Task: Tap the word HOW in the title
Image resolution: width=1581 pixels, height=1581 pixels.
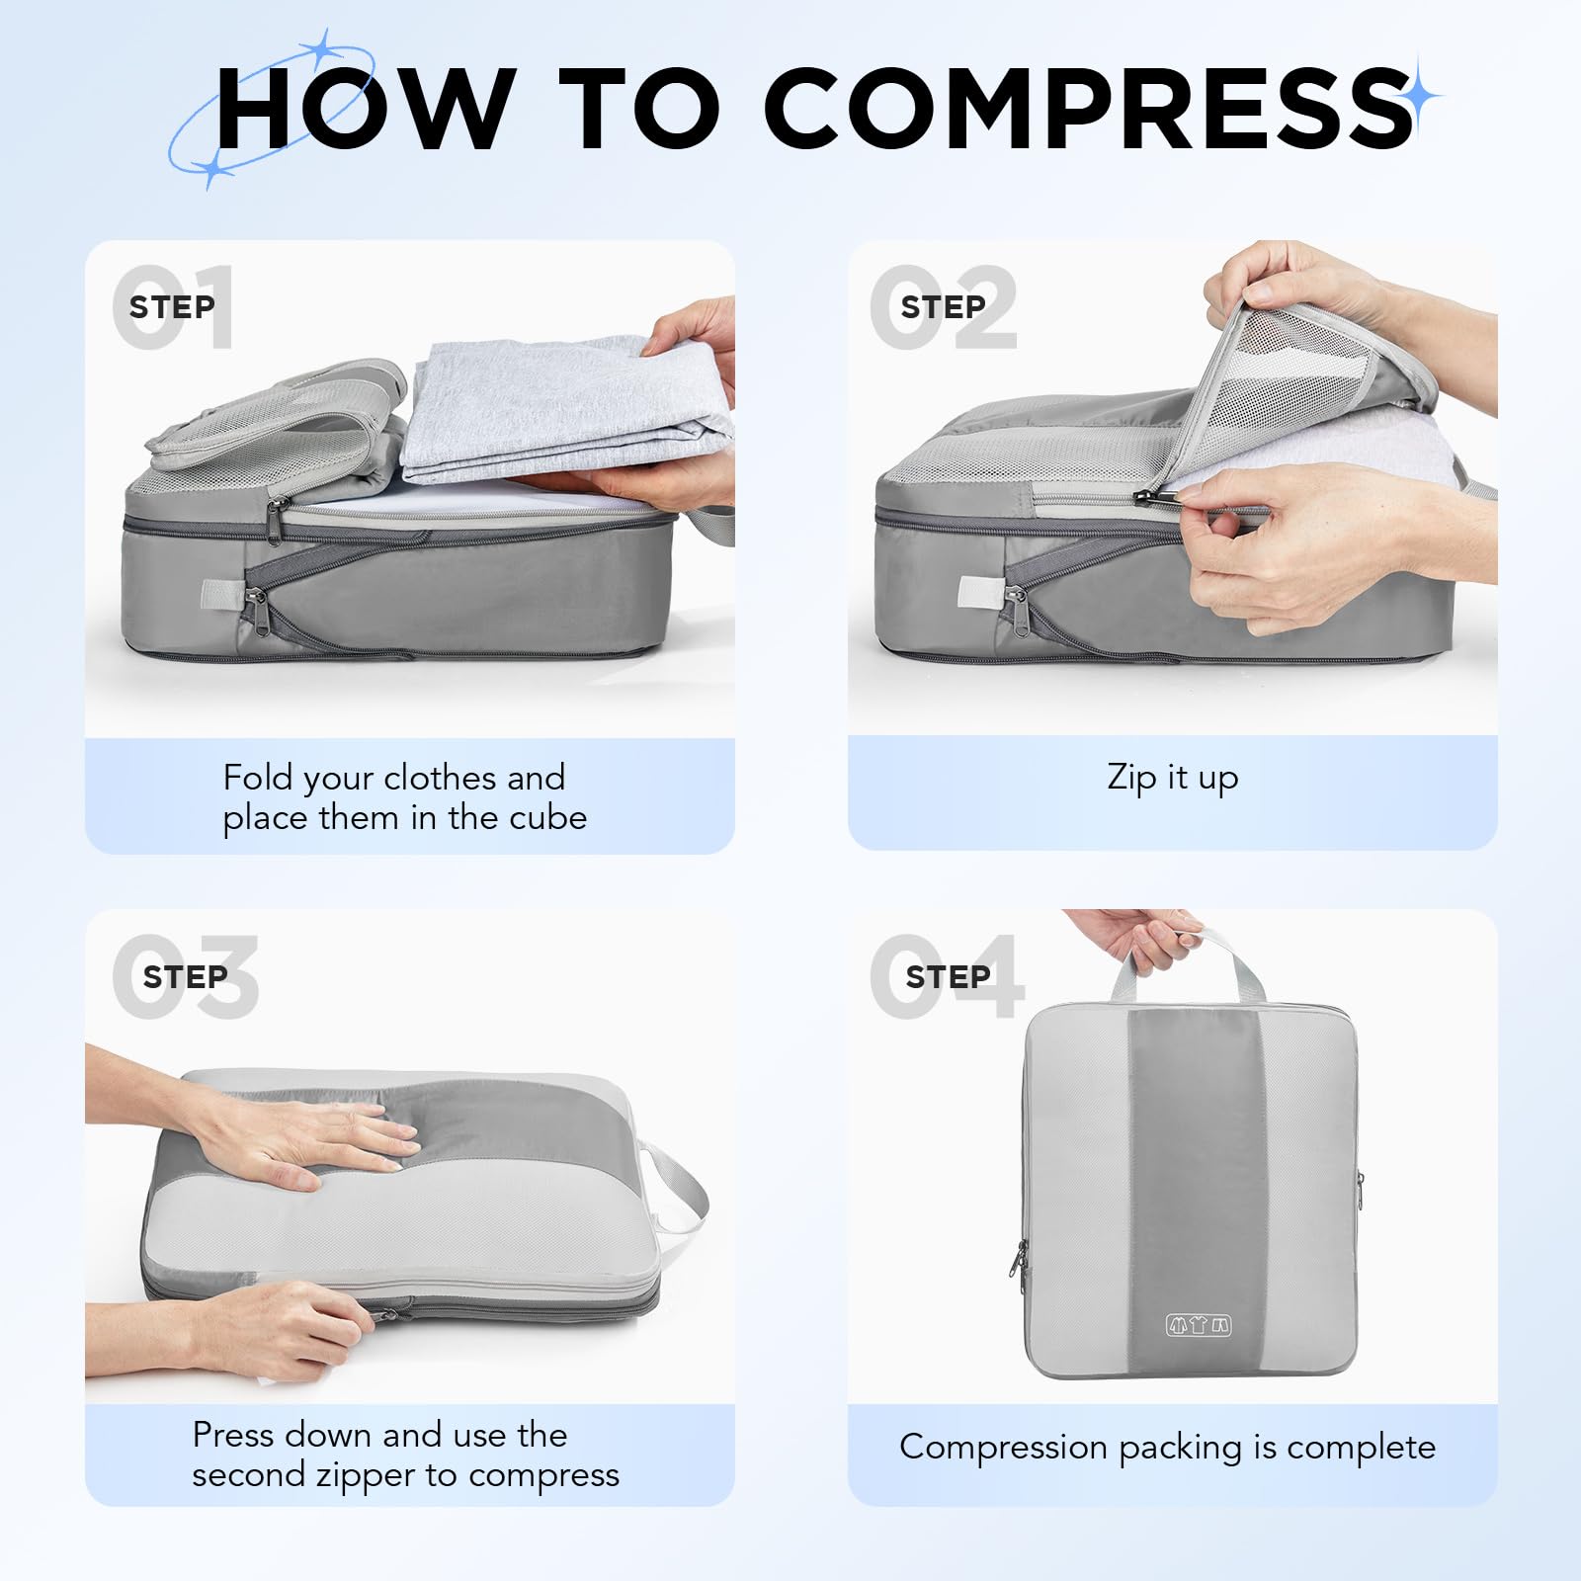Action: (x=365, y=108)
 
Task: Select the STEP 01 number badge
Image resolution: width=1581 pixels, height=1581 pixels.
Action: (x=173, y=306)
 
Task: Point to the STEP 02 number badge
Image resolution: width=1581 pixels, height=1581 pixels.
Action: (x=944, y=306)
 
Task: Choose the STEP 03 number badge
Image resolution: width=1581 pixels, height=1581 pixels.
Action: (x=185, y=976)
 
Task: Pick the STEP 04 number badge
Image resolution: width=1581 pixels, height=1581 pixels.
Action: (x=948, y=976)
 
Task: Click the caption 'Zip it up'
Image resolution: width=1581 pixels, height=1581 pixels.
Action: (x=1172, y=778)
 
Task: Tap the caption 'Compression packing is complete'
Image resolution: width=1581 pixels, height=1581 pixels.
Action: (x=1167, y=1448)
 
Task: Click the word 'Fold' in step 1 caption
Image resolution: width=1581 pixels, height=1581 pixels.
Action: (x=258, y=777)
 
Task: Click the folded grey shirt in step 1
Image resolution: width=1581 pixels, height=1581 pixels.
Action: (x=569, y=409)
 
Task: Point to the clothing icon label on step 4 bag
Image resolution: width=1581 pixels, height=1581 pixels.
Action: (x=1199, y=1325)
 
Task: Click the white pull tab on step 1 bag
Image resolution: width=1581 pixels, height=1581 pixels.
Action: (x=216, y=593)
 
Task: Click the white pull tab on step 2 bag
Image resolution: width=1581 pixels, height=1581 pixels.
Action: (x=975, y=591)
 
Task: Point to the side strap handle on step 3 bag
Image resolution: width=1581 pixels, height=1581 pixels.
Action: (x=673, y=1187)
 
